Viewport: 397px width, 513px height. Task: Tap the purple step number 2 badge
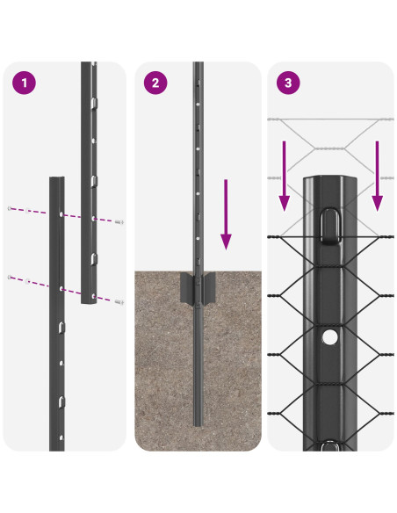pyautogui.click(x=156, y=84)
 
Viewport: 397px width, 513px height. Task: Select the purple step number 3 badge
pyautogui.click(x=287, y=84)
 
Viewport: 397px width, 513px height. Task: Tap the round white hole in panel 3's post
pyautogui.click(x=329, y=336)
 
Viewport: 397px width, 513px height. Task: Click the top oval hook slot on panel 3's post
pyautogui.click(x=329, y=225)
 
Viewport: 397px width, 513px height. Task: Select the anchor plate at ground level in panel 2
pyautogui.click(x=198, y=288)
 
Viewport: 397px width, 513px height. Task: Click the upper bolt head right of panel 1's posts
pyautogui.click(x=119, y=222)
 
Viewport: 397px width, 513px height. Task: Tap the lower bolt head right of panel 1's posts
pyautogui.click(x=119, y=301)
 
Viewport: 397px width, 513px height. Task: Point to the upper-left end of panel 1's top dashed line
pyautogui.click(x=9, y=208)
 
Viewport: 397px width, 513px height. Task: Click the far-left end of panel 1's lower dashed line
pyautogui.click(x=9, y=278)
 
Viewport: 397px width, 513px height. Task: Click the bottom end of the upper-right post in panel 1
pyautogui.click(x=90, y=300)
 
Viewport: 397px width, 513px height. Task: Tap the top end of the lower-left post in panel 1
pyautogui.click(x=56, y=178)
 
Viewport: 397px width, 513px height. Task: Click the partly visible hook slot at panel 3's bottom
pyautogui.click(x=329, y=445)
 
